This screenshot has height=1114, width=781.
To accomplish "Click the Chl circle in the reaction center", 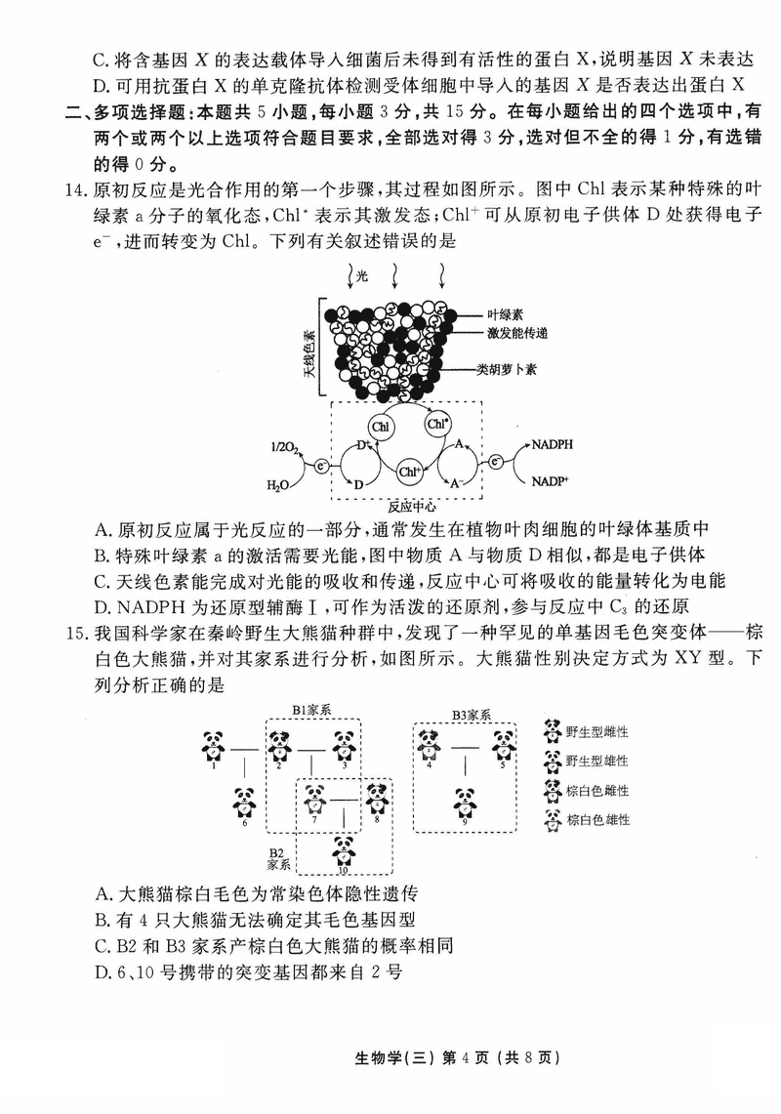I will (x=381, y=427).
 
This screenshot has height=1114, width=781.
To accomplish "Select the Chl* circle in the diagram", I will (x=437, y=425).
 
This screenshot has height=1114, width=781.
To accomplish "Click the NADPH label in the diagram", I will (x=554, y=445).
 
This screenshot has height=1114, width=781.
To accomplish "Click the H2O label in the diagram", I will (x=278, y=485).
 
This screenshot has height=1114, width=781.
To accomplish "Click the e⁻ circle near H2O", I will (x=320, y=468).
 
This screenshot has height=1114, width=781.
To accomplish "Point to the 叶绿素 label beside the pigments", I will (x=506, y=315).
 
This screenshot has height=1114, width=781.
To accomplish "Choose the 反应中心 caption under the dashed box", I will (x=411, y=507).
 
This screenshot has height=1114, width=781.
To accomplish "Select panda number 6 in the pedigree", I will (x=244, y=804).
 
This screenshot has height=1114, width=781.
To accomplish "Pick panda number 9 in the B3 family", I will (x=465, y=804).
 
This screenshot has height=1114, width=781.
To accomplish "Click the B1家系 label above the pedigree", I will (x=312, y=710).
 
